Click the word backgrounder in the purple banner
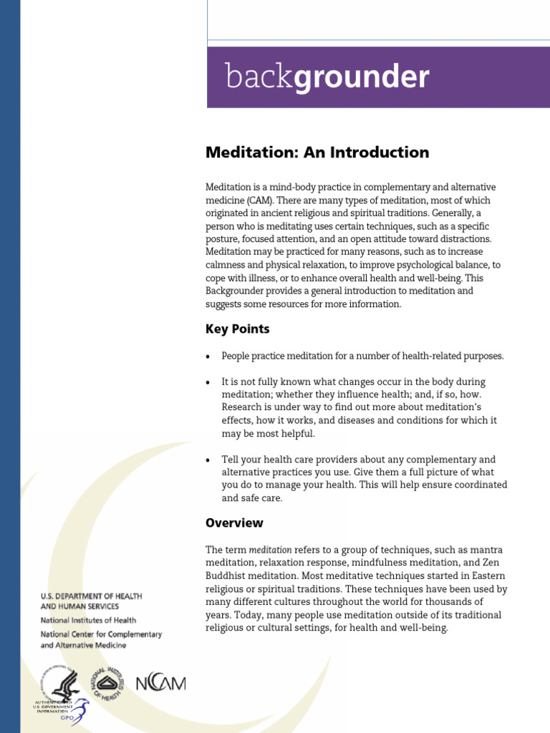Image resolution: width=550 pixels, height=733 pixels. pos(327,76)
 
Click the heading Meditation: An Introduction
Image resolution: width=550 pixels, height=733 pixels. pos(317,152)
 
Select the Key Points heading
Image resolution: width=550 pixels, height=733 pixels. pos(238,329)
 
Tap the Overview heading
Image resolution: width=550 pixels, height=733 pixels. pos(234,523)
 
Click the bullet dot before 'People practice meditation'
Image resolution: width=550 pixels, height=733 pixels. pos(208,356)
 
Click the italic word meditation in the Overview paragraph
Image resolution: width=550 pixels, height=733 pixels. pos(270,550)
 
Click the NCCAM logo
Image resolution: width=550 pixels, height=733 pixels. pos(160,682)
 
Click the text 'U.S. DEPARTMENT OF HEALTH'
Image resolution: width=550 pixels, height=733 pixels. pos(91,596)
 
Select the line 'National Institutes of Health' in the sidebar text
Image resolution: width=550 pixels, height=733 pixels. pos(88,620)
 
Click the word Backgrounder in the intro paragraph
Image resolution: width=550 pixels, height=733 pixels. pos(240,291)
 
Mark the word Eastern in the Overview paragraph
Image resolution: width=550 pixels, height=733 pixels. pos(487,576)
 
